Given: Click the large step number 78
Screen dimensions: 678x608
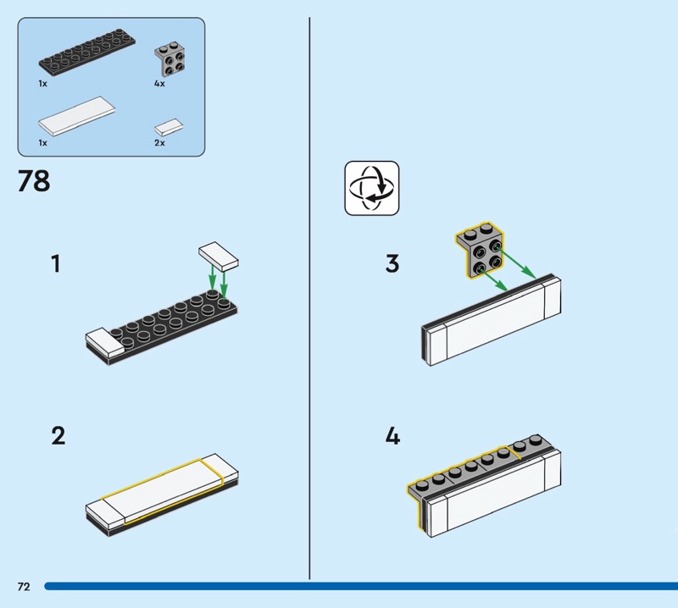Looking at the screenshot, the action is [x=34, y=181].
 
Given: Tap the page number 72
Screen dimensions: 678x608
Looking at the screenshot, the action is [x=24, y=586].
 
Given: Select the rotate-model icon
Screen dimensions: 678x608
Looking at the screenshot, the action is [x=372, y=188].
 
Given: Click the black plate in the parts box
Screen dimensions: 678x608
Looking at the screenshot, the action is [x=87, y=51].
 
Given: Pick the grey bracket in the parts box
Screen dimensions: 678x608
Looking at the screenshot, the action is [x=170, y=59].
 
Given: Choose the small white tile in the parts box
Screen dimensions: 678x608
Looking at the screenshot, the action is [x=169, y=128].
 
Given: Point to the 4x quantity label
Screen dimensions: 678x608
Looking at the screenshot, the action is [x=159, y=83].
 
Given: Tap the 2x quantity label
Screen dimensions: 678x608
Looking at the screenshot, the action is [x=159, y=142].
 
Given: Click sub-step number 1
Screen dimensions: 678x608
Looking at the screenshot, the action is [x=56, y=263].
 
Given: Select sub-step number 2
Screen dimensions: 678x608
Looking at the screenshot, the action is [x=58, y=436].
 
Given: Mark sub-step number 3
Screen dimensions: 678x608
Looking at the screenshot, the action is [x=392, y=263].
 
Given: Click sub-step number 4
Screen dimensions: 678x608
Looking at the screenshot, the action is [x=392, y=436].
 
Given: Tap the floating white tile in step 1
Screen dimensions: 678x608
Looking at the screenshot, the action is [x=219, y=257].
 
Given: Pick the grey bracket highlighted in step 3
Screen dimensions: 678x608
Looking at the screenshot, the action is [x=480, y=250].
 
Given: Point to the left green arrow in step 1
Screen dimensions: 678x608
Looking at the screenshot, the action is [x=212, y=278].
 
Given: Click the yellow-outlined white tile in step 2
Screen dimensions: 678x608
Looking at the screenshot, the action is [x=163, y=491].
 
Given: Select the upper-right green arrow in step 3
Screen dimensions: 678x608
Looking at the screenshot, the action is [x=516, y=263].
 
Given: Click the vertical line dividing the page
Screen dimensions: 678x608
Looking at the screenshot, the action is [x=309, y=298].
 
